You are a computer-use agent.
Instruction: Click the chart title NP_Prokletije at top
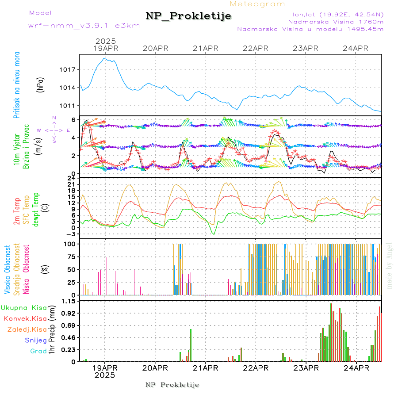tap(188, 16)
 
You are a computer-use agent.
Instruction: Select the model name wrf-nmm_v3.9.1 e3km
tap(84, 26)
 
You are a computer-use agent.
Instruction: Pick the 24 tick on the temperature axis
tap(71, 178)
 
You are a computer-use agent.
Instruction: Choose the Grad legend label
tap(38, 351)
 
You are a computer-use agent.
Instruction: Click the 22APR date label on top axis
tap(256, 48)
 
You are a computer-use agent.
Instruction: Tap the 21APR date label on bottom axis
tap(205, 368)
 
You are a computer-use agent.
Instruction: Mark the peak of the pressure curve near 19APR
tap(105, 58)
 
